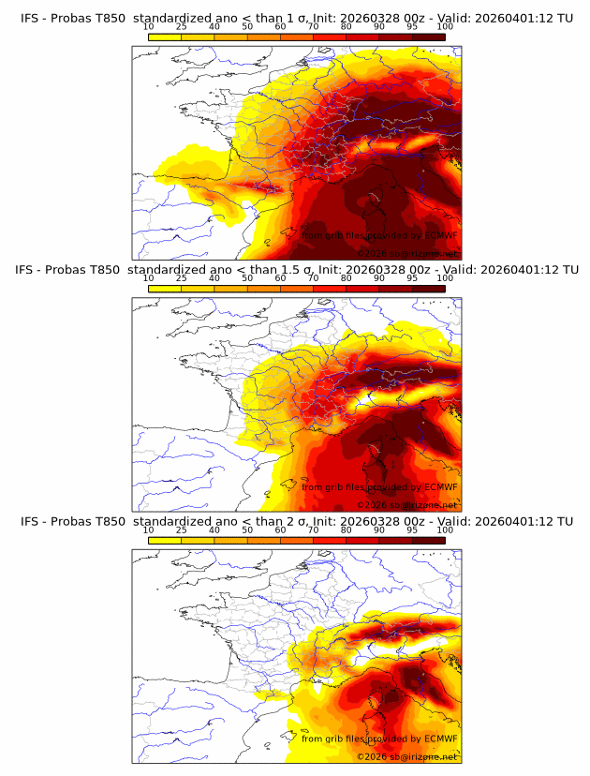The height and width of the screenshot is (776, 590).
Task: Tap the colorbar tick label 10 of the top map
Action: (x=148, y=27)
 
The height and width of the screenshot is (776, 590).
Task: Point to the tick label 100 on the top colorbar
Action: (x=446, y=27)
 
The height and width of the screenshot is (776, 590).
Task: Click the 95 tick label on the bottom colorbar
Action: (x=412, y=530)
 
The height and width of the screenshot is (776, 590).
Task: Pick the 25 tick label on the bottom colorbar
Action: (x=181, y=530)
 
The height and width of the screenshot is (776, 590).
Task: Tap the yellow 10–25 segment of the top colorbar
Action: (x=165, y=37)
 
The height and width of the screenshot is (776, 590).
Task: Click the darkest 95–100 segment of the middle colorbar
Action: (x=429, y=289)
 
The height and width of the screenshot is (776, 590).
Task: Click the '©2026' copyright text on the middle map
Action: (x=373, y=505)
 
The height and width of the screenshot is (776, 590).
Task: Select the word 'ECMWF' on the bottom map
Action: (x=440, y=739)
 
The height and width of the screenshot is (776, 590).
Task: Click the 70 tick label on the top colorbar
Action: (x=313, y=27)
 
